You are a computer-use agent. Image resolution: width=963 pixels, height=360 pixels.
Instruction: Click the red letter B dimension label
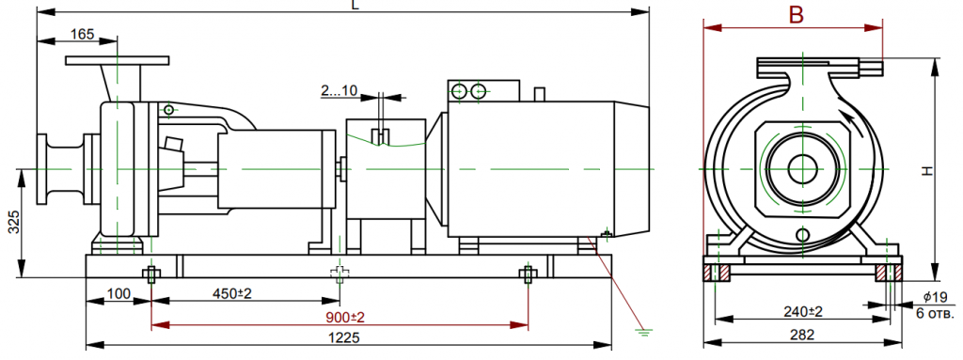click(796, 15)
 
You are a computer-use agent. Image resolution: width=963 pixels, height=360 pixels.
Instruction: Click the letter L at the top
click(355, 5)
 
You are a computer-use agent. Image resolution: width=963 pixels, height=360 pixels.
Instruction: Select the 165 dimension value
click(82, 34)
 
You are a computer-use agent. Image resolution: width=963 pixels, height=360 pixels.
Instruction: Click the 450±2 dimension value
click(232, 293)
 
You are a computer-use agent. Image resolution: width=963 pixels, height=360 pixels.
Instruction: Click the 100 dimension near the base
click(119, 293)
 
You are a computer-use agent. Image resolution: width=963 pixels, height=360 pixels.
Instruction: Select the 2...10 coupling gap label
click(339, 91)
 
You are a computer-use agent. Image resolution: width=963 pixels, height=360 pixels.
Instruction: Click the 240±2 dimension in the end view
click(802, 311)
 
